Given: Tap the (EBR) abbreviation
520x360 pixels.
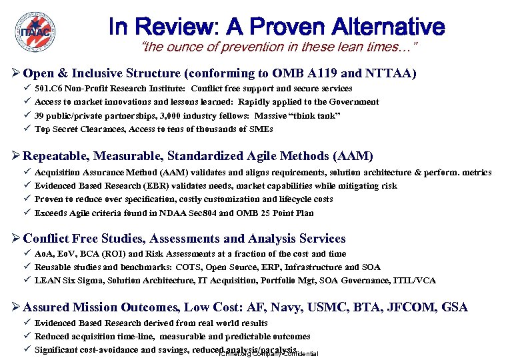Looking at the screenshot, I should pyautogui.click(x=146, y=186).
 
